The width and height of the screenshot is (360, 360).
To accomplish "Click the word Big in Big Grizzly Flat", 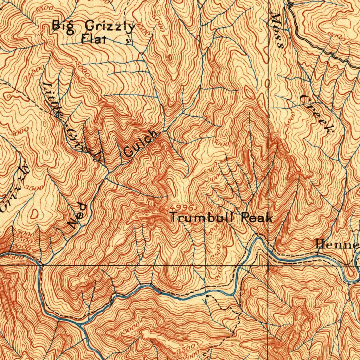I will [61, 26].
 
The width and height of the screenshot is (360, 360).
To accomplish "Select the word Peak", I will [257, 218].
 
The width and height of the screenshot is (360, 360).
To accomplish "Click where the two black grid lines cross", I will [269, 265].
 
